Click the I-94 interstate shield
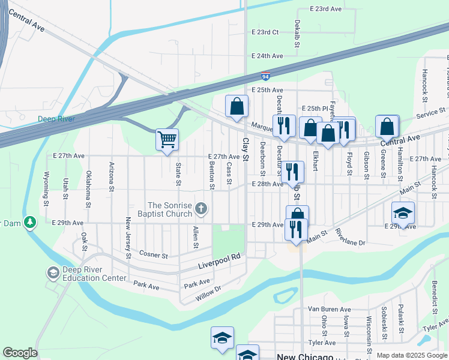(x=265, y=76)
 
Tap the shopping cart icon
(x=167, y=139)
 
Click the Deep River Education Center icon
(x=52, y=272)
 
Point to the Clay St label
(x=245, y=145)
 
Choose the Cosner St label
(x=154, y=255)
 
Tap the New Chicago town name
(x=304, y=356)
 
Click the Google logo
(x=20, y=353)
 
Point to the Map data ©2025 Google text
(x=412, y=355)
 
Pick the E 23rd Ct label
(x=265, y=32)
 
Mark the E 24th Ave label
(x=267, y=56)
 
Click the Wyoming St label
(x=46, y=187)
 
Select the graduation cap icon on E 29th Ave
(x=403, y=212)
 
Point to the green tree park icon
(x=30, y=223)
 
